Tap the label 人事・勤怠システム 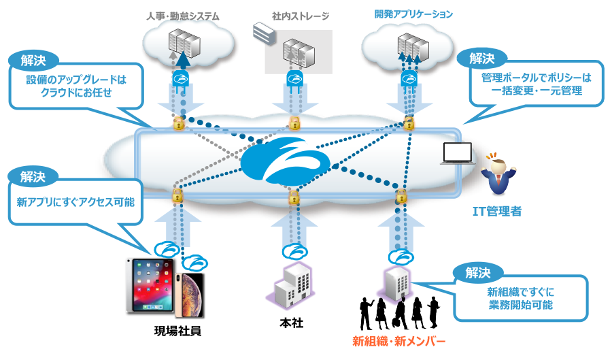tap(183, 16)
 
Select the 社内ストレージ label tap(301, 16)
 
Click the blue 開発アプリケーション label tap(413, 14)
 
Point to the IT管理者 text tap(497, 211)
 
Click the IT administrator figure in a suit tap(498, 174)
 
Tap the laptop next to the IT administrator tap(457, 153)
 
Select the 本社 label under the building tap(291, 323)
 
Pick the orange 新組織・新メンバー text tap(398, 341)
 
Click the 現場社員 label tap(177, 331)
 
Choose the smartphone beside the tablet tap(190, 295)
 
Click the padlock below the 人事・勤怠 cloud tap(178, 123)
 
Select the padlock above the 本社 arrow tap(294, 197)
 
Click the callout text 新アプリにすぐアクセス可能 tap(75, 202)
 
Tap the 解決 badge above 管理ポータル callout tap(482, 59)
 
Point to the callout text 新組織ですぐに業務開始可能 tap(521, 298)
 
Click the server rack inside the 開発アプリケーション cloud tap(413, 47)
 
